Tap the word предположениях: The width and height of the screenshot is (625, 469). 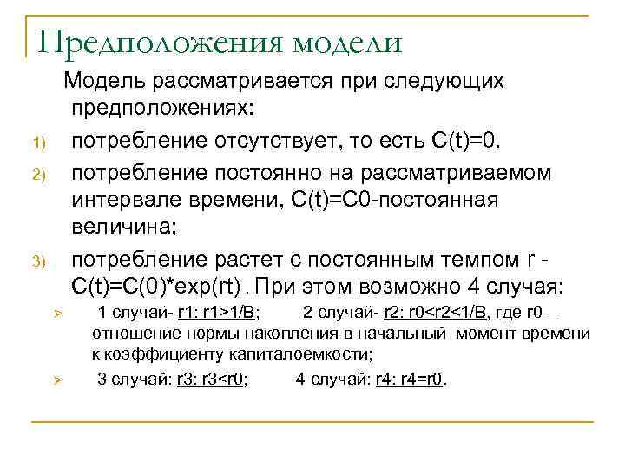coord(164,110)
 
